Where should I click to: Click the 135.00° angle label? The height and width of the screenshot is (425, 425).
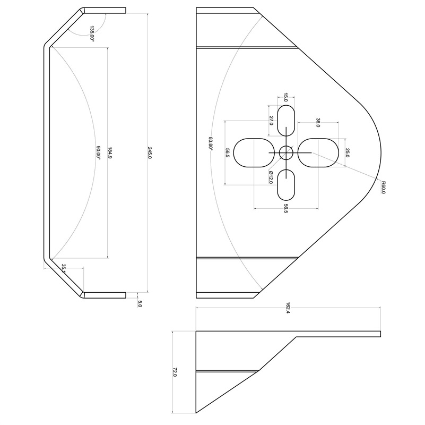pyautogui.click(x=92, y=33)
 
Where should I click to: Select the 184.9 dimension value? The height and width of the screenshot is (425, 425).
pyautogui.click(x=110, y=153)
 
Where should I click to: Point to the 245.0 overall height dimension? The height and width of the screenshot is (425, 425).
pyautogui.click(x=150, y=153)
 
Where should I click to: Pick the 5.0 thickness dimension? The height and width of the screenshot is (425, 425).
pyautogui.click(x=140, y=304)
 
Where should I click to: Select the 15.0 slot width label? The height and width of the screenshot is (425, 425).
pyautogui.click(x=286, y=97)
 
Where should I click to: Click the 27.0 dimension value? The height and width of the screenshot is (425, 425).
pyautogui.click(x=271, y=120)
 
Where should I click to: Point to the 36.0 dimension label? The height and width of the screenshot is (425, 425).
pyautogui.click(x=318, y=123)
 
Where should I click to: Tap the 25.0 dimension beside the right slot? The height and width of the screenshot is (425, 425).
pyautogui.click(x=348, y=153)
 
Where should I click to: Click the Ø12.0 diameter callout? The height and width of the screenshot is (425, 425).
pyautogui.click(x=271, y=177)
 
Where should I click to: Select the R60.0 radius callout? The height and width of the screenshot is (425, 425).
pyautogui.click(x=383, y=187)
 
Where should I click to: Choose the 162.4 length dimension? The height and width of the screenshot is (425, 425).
pyautogui.click(x=288, y=307)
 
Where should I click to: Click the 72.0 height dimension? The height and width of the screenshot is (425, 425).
pyautogui.click(x=175, y=372)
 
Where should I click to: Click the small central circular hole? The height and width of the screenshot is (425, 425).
pyautogui.click(x=286, y=153)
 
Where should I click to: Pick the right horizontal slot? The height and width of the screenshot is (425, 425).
pyautogui.click(x=318, y=153)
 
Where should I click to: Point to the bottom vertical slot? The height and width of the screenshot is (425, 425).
pyautogui.click(x=286, y=185)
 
